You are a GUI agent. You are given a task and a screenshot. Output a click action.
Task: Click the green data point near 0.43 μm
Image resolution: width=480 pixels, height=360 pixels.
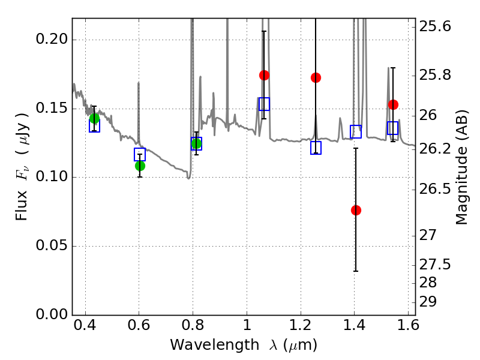coord(94,118)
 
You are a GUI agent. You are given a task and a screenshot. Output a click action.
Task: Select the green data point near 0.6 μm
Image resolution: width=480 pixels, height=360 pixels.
coord(140,166)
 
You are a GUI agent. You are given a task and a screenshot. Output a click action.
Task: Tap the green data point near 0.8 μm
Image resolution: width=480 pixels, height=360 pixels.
coord(196,144)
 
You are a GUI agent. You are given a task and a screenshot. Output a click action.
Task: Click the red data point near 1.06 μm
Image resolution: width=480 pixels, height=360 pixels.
coord(264,75)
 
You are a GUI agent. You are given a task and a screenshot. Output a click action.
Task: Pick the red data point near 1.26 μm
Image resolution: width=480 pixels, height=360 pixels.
coord(316,77)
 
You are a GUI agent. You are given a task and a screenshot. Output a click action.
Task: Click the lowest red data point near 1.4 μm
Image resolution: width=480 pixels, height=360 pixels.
coord(356,210)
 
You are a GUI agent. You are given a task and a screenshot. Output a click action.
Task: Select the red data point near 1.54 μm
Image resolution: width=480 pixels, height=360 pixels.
coord(393,104)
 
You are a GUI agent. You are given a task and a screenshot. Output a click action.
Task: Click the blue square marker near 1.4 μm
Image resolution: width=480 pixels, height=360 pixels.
coord(356,131)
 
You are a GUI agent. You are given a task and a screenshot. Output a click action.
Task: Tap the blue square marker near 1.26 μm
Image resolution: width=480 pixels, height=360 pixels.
coord(316,148)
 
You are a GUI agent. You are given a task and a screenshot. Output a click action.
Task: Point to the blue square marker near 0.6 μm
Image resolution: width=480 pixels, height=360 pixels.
coord(140,154)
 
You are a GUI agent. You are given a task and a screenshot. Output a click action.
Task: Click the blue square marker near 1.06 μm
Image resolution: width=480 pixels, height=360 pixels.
coord(264,104)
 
